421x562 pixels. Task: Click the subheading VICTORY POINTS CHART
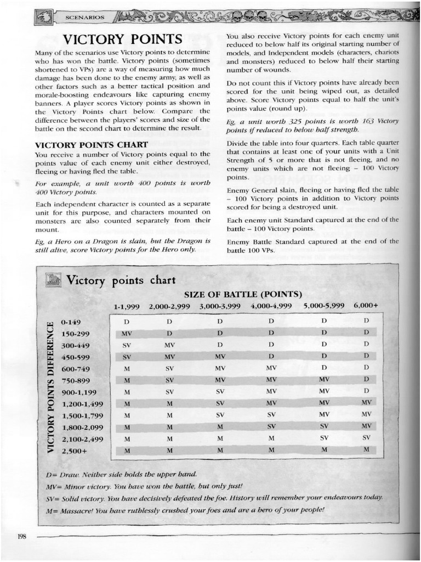coord(91,144)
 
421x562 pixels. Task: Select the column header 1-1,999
coord(127,306)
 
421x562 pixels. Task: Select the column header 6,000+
coord(366,305)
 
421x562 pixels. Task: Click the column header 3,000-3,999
coord(219,306)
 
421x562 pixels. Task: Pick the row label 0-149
coord(71,322)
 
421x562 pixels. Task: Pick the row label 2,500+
coord(75,451)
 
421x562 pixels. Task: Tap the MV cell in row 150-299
coord(127,333)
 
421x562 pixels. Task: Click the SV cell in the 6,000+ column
coord(366,438)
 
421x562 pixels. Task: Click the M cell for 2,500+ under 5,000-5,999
coord(324,450)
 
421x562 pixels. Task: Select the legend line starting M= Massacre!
coord(185,510)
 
